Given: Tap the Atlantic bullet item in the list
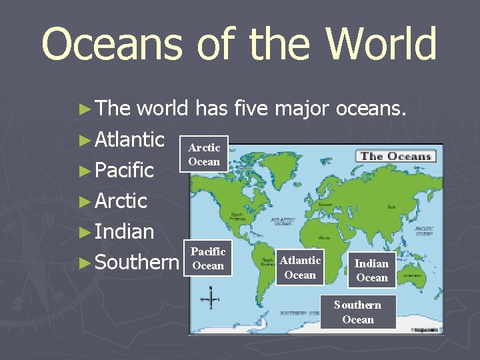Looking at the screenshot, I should tap(129, 139).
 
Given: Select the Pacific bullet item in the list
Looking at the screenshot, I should tap(124, 170).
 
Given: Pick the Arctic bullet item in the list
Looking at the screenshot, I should tap(121, 201).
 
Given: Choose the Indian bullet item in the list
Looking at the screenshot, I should tap(124, 231).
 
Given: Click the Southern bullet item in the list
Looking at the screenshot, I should tap(137, 262).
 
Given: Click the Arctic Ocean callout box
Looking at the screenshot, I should tap(204, 154).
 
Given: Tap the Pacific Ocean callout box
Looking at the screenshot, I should tap(208, 258).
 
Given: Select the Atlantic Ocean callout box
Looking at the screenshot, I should tap(300, 267).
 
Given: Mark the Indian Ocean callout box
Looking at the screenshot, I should tap(371, 270).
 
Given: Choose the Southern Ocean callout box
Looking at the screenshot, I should tap(358, 312).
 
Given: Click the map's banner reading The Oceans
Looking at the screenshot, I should tap(396, 157).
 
